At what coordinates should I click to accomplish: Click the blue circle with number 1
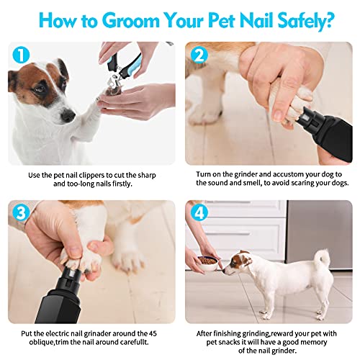20,54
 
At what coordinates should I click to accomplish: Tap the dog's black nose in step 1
66,114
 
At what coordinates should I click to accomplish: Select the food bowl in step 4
209,260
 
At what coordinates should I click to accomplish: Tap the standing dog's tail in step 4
325,257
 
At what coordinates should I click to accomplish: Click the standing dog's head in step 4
237,263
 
